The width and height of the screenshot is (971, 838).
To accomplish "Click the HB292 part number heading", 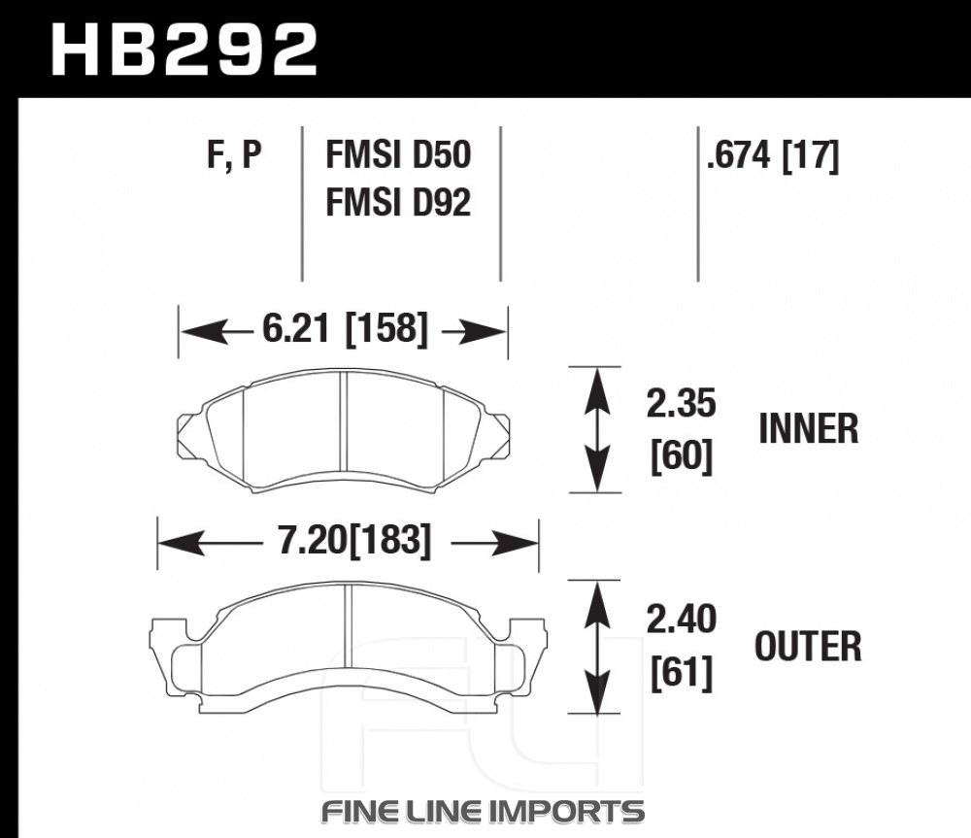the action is click(184, 50).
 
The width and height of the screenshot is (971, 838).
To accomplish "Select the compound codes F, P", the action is click(234, 154).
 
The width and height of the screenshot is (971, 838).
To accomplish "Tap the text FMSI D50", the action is click(398, 154).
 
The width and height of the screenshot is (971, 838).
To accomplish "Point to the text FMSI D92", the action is click(398, 202).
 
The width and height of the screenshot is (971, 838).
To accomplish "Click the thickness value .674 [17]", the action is click(773, 154).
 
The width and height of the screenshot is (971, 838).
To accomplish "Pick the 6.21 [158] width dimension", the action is click(345, 328).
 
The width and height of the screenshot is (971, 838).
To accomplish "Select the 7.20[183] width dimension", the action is click(353, 540).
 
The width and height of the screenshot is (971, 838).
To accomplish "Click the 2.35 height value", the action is click(682, 403).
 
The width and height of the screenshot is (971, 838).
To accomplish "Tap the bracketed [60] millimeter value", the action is click(682, 456).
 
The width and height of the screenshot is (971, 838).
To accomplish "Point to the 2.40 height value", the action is click(682, 619).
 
